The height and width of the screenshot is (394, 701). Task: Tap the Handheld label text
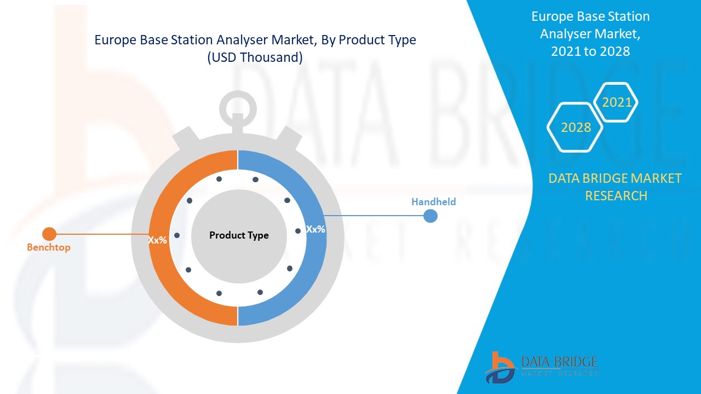433,202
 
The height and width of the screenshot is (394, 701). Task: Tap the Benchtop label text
49,247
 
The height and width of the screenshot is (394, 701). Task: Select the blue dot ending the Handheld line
430,216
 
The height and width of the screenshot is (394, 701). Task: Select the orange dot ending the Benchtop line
49,234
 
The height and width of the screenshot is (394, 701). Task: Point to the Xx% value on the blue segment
315,229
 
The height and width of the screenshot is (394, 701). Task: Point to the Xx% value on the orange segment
157,240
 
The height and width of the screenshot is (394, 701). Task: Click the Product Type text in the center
239,235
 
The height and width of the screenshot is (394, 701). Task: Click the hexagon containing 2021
617,102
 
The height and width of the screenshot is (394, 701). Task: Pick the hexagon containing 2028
576,128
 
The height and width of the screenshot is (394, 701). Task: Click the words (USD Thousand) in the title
255,57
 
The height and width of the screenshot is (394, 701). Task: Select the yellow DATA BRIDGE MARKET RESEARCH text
616,187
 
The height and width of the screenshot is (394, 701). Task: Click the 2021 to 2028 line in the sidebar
590,51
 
